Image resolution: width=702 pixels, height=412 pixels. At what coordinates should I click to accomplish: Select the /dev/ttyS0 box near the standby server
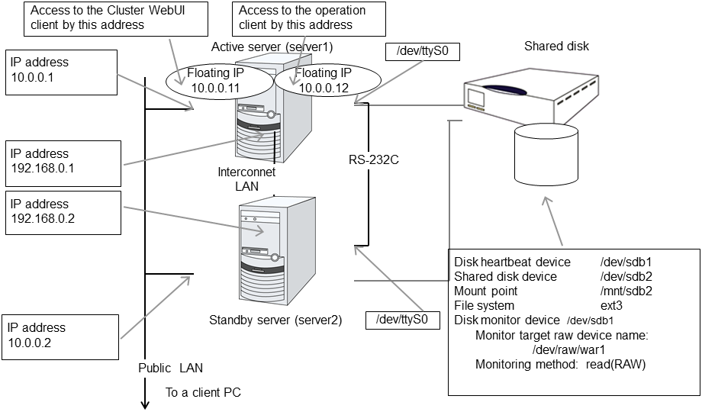tap(402, 319)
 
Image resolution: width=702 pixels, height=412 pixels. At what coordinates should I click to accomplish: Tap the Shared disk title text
tap(556, 47)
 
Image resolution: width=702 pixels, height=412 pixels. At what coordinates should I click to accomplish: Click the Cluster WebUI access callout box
tap(118, 18)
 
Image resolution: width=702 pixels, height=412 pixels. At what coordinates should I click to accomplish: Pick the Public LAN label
tap(171, 368)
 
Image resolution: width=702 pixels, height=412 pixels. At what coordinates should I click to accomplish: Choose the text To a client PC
tap(203, 393)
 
